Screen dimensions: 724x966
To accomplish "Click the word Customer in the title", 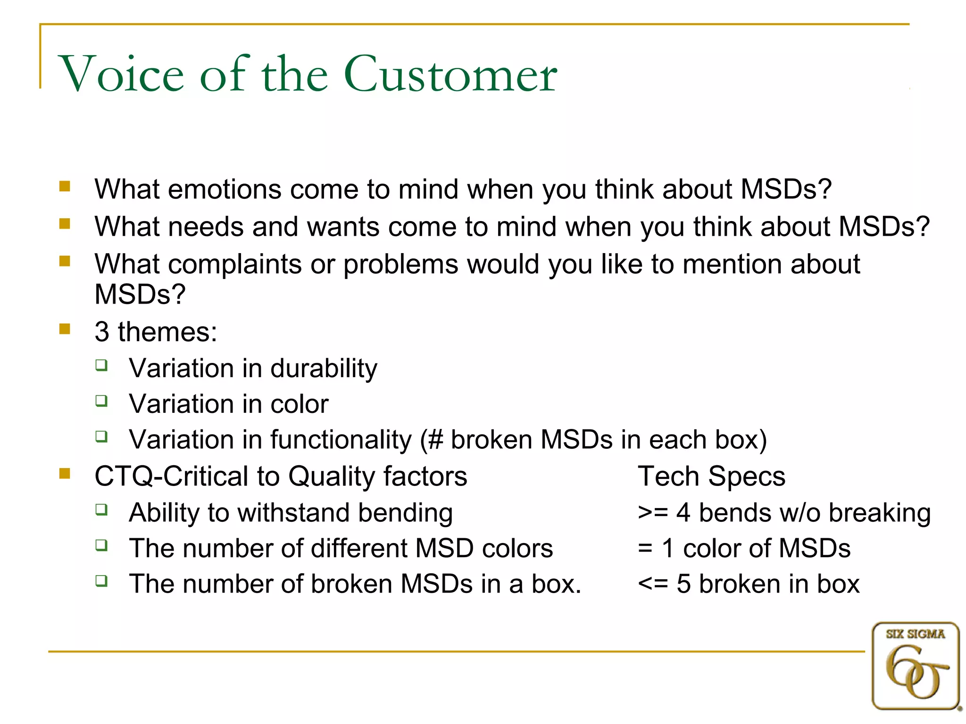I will (x=450, y=74).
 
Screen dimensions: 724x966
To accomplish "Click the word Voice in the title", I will (x=121, y=74).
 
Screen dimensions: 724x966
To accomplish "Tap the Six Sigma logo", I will (x=915, y=666).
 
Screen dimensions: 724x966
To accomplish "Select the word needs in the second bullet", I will (x=206, y=227).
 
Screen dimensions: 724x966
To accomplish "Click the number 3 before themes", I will (x=102, y=332).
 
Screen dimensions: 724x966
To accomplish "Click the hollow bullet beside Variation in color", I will (x=101, y=401).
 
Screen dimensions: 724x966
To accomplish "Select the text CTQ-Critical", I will (x=171, y=476).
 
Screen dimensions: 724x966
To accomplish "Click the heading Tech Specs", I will (x=711, y=476).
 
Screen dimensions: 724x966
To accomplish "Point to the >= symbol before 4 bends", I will (x=653, y=513).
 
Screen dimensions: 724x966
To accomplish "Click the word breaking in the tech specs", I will (x=880, y=513).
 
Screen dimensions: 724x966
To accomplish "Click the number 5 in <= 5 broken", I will (x=683, y=584).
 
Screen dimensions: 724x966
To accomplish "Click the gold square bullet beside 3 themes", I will (x=65, y=329).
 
